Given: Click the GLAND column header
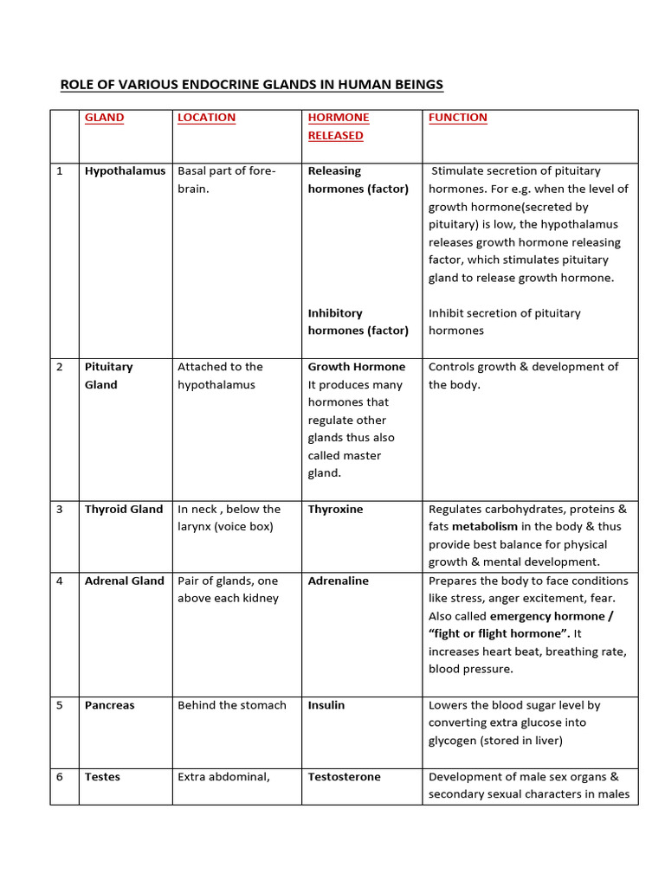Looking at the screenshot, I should [104, 118].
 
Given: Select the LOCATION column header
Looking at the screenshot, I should [206, 118].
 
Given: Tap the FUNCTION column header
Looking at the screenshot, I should [457, 118].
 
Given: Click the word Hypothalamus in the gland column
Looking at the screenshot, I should [125, 171].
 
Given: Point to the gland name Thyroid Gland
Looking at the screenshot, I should [124, 510].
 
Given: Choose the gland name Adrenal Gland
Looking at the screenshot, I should [124, 581].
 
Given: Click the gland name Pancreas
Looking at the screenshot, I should [109, 705].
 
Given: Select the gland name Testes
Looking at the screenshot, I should [102, 777].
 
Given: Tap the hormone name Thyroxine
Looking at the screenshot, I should [335, 510].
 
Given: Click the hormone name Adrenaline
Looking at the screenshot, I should [338, 581].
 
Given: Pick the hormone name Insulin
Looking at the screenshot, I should [326, 705].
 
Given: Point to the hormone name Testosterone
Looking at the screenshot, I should [344, 777].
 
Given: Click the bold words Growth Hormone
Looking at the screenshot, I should [356, 367].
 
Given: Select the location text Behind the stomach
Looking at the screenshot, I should [231, 705].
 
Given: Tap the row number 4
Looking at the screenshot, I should [60, 581].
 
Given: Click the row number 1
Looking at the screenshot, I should [60, 171].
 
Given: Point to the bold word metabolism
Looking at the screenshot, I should [484, 527].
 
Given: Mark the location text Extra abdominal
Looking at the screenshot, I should [223, 777].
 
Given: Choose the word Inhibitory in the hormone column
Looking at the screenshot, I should [335, 313].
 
